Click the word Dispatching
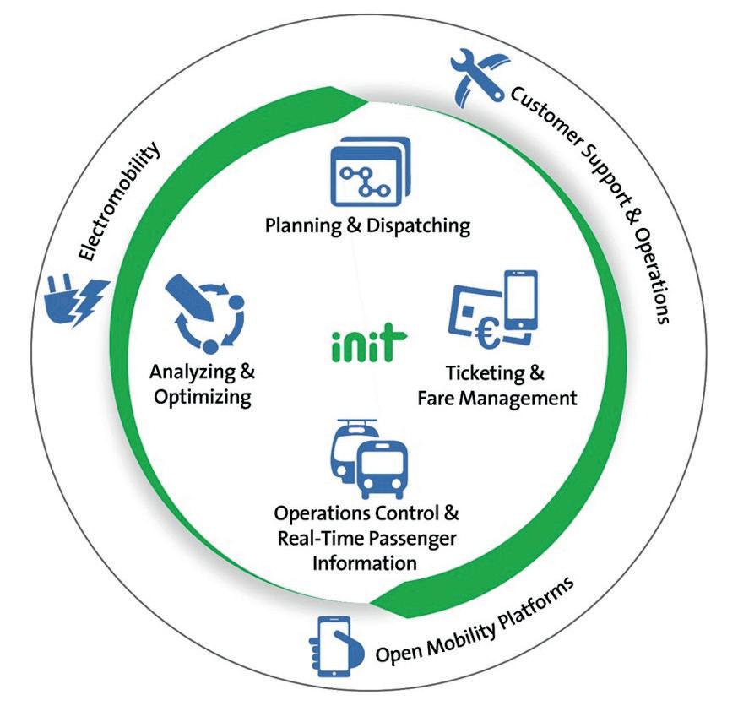click(416, 226)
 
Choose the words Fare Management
click(497, 397)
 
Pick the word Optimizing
click(203, 397)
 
